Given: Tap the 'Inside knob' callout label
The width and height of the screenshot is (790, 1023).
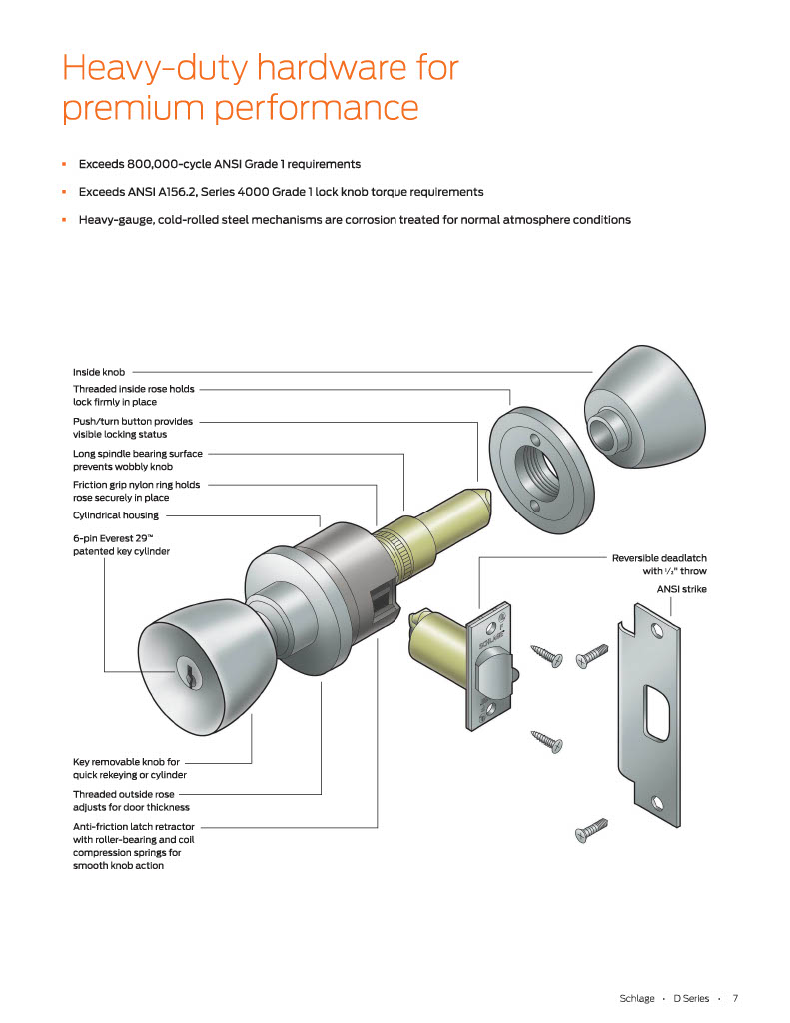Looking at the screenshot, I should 99,371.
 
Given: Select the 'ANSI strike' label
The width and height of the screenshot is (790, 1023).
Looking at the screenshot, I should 681,589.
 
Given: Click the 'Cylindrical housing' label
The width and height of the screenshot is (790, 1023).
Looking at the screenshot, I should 115,515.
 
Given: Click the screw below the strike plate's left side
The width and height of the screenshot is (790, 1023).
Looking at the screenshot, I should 592,829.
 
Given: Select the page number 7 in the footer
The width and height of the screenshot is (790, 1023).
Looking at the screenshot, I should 734,998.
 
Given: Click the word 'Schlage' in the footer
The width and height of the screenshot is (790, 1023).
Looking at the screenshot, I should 636,998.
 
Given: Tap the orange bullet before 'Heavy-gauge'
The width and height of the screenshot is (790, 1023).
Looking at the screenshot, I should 64,219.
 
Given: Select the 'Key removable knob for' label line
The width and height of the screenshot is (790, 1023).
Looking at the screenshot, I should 126,761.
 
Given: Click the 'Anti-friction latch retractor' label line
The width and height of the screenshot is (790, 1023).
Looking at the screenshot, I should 134,827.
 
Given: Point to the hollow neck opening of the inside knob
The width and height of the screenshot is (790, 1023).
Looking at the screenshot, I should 601,433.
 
